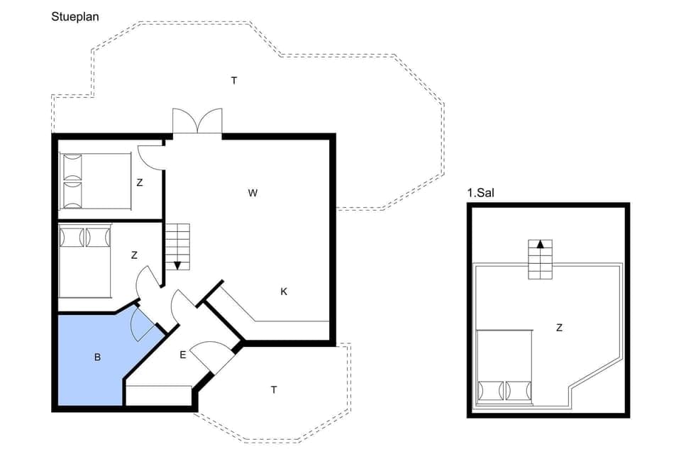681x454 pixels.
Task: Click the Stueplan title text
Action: point(74,16)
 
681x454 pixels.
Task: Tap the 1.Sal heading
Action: point(480,193)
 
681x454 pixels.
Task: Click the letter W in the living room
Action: point(252,192)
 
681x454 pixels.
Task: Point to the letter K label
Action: point(283,291)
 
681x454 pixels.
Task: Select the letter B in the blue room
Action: point(97,358)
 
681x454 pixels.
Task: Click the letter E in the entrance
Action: point(182,355)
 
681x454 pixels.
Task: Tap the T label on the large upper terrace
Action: point(233,80)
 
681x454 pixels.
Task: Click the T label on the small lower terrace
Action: point(273,389)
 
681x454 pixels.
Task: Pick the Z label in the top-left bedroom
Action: point(140,182)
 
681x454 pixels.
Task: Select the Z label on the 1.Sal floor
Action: point(559,327)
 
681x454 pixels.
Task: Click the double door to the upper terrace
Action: point(198,121)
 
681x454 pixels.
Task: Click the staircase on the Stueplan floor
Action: point(177,245)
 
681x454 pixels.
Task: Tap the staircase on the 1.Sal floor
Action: point(540,260)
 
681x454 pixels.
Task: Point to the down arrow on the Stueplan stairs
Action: point(177,265)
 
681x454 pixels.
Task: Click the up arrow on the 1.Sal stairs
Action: point(540,244)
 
